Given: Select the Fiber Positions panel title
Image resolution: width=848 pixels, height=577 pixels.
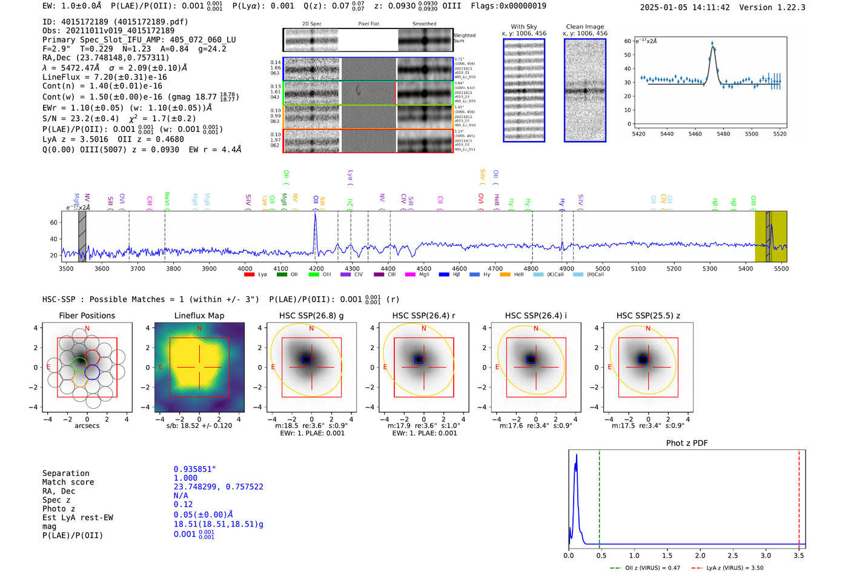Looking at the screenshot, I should click(87, 315).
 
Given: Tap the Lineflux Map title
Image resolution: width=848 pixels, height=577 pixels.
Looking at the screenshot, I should click(199, 315).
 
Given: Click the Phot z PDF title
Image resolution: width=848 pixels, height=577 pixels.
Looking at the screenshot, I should click(686, 443).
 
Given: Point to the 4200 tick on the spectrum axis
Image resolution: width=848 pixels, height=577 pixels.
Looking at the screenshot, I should click(316, 269).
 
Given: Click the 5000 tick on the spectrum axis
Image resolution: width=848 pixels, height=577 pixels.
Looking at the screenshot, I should click(602, 269).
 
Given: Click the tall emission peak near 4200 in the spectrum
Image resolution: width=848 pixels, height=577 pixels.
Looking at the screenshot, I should click(315, 216).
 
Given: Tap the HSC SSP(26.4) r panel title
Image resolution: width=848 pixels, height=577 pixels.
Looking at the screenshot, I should click(423, 315).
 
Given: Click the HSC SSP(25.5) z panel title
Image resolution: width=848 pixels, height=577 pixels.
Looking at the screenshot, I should click(648, 315).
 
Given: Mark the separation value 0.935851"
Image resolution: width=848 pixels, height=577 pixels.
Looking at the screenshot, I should click(194, 469).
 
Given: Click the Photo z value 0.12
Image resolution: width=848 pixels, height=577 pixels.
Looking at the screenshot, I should click(183, 504).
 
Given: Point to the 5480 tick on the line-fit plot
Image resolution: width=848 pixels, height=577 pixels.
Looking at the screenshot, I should click(723, 134).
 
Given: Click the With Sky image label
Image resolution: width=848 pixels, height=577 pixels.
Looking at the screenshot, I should click(523, 27).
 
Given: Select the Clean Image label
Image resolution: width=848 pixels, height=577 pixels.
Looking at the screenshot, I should click(585, 27).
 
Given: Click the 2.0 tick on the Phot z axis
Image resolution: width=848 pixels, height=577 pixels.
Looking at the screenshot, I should click(700, 555).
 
